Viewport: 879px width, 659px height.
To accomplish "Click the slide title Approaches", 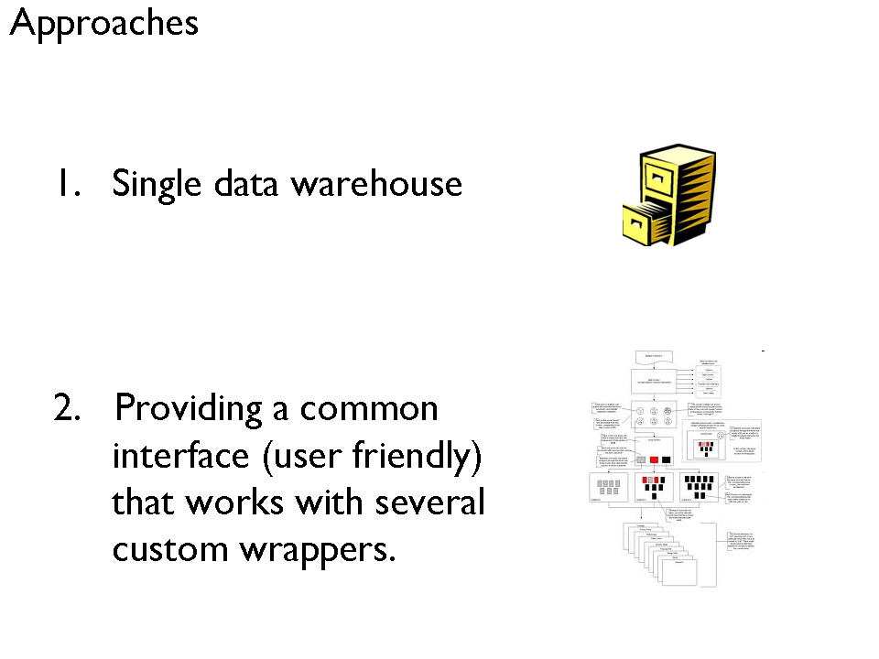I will (103, 24).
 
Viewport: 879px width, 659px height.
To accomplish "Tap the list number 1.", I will (67, 184).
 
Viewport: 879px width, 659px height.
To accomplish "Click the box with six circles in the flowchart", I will (654, 417).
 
